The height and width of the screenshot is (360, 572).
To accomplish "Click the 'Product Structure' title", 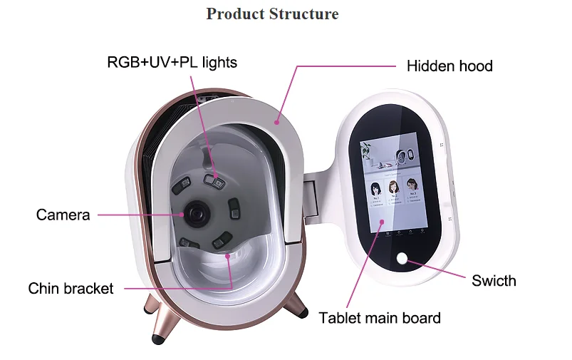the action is [x=272, y=14].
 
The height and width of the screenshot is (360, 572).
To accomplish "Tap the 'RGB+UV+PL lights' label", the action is [x=172, y=63].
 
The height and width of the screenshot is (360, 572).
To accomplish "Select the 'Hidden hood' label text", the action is [x=449, y=66].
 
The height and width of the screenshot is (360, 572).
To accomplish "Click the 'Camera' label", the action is [x=63, y=215].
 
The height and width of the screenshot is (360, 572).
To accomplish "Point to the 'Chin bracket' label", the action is [x=71, y=288].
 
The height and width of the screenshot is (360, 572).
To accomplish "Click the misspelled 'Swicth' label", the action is [x=494, y=280].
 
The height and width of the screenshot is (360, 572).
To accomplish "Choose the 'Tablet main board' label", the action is [x=380, y=318].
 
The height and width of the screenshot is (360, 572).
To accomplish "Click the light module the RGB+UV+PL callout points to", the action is [x=214, y=180].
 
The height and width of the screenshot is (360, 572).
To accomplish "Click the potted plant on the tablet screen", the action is [x=365, y=149].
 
